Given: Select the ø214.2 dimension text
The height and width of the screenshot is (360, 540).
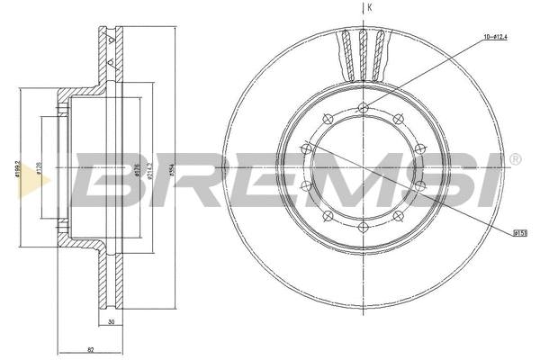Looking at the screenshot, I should coord(149,171).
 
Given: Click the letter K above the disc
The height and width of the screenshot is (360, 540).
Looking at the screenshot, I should coord(369,8).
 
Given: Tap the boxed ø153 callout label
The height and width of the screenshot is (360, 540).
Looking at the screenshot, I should coord(519,233).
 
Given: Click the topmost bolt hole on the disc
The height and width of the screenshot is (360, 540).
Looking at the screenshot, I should coord(364,110).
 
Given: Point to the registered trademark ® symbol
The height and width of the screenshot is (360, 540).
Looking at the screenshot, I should coord(515,159).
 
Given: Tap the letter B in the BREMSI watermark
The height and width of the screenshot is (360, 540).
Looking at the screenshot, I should coord(105,180).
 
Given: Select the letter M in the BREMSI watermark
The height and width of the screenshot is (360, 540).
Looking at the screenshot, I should coord(351,180).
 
